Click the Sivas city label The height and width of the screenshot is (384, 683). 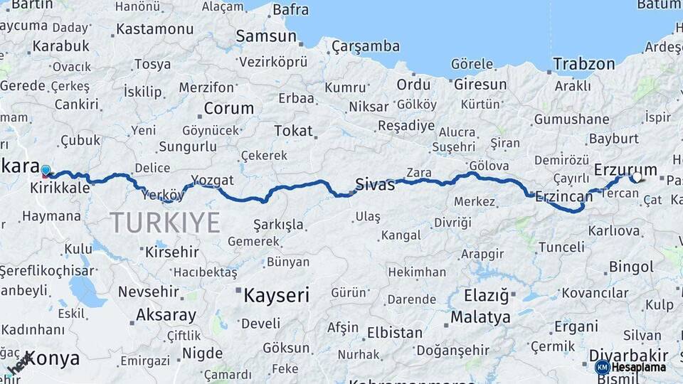point(375,185)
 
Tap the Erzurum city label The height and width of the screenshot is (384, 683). point(616,169)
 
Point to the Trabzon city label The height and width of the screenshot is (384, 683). point(583,64)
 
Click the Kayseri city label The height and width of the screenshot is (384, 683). point(276,294)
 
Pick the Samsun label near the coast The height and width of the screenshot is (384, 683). point(265,36)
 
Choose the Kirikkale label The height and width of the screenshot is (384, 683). point(60,188)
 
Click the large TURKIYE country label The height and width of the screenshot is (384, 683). point(165,223)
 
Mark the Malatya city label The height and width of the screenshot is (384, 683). point(480,316)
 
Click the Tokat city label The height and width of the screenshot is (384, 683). point(293,131)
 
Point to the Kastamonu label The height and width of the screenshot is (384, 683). point(154,29)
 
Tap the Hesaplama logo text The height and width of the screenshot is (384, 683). point(638,367)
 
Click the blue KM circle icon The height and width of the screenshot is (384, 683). point(602,367)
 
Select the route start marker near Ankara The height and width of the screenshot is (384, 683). point(46,171)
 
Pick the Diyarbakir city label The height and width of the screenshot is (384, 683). point(628,355)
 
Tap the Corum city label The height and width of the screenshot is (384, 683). point(228,109)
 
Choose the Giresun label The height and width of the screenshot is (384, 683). point(480,85)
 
